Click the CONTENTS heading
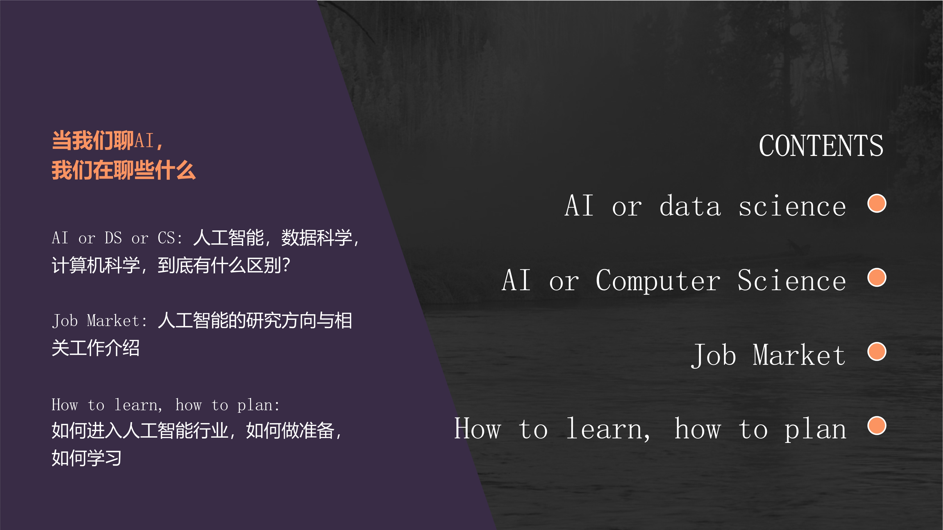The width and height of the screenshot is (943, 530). (x=821, y=146)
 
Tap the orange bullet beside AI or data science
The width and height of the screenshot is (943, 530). (x=877, y=203)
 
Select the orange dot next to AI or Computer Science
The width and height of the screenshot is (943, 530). (x=877, y=278)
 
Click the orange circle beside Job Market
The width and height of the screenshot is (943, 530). (x=877, y=351)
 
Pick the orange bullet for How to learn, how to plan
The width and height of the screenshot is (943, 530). (x=877, y=426)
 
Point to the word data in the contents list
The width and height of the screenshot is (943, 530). (x=690, y=206)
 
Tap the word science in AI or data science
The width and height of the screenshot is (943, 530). (x=792, y=206)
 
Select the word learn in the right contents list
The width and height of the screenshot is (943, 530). (x=608, y=429)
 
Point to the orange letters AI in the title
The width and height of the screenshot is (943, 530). (x=144, y=140)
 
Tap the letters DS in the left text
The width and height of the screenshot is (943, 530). (x=113, y=238)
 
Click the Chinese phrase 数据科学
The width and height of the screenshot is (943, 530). (x=317, y=238)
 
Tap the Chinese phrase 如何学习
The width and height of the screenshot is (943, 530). (x=86, y=458)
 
